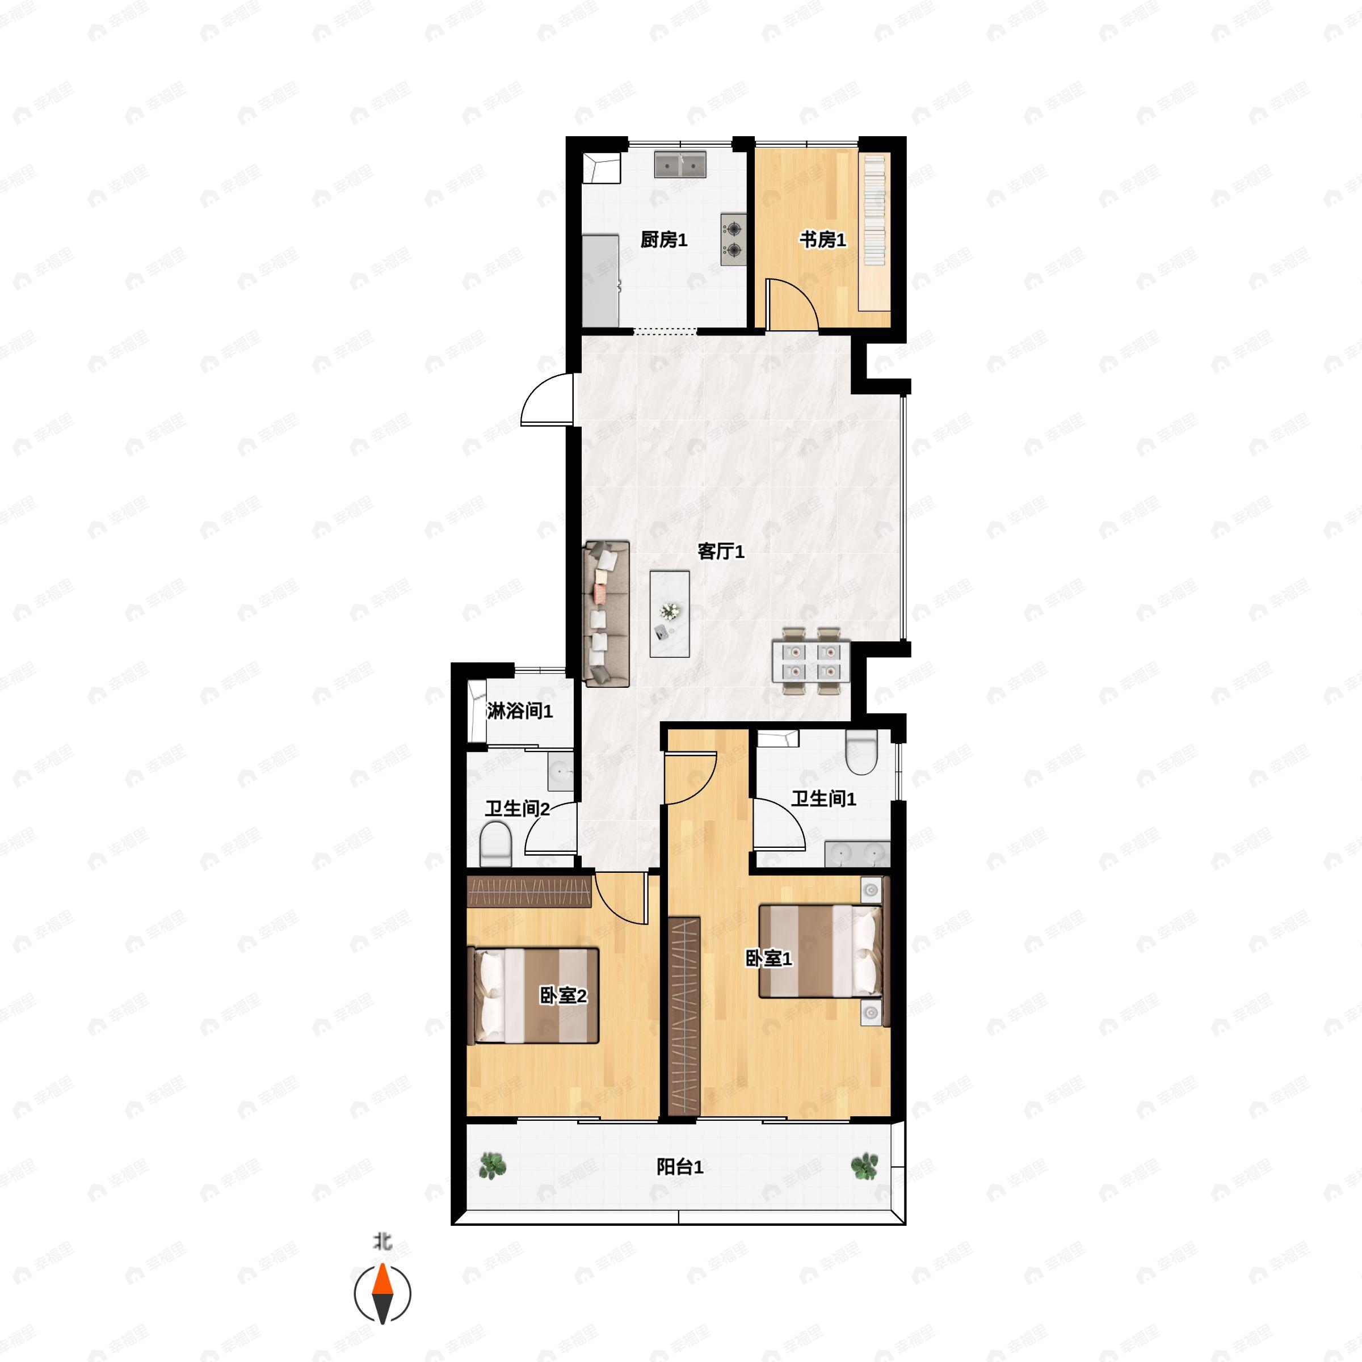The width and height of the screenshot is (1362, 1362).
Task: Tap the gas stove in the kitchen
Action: click(734, 239)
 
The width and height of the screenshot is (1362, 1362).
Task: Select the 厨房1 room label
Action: click(663, 239)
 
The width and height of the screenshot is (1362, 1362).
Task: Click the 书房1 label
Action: click(822, 239)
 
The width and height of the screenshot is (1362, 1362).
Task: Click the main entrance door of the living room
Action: click(547, 400)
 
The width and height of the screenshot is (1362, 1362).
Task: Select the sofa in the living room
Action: click(606, 613)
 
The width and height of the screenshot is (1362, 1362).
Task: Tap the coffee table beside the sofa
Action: click(670, 614)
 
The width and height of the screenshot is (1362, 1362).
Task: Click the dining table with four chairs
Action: click(811, 661)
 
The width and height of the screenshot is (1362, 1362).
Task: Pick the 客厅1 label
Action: click(721, 551)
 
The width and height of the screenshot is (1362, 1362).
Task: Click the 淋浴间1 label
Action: click(520, 711)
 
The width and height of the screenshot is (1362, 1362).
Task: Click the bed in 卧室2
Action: click(533, 995)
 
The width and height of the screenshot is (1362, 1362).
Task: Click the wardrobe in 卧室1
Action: click(684, 1016)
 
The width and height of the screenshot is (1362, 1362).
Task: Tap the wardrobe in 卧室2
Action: click(529, 892)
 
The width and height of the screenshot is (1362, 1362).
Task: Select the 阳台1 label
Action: click(680, 1167)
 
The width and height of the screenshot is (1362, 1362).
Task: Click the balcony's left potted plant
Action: click(492, 1166)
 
